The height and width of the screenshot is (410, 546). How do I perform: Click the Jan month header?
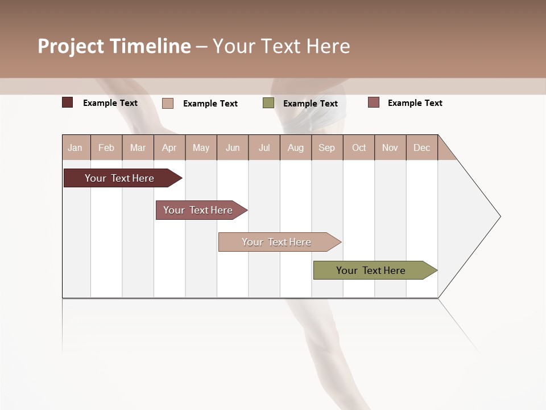[x=75, y=147]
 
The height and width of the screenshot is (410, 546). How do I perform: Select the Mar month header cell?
[x=138, y=147]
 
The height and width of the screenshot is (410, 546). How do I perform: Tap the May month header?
[x=201, y=147]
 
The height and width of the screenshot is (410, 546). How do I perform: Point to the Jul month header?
[x=264, y=147]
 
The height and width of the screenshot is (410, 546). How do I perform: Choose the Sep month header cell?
[x=326, y=147]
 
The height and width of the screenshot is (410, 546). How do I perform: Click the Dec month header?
[x=421, y=147]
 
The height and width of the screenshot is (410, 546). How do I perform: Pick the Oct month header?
[x=359, y=147]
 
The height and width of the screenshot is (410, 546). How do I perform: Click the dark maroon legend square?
[x=68, y=102]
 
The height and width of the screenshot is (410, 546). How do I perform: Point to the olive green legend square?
[x=268, y=103]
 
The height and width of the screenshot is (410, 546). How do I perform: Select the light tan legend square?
[x=168, y=103]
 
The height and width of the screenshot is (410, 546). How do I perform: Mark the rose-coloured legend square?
[x=374, y=102]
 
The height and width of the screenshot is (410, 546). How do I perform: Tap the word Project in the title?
[x=71, y=46]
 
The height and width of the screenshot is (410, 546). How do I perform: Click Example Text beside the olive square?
[x=310, y=104]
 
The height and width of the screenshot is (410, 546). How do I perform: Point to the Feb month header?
[x=106, y=147]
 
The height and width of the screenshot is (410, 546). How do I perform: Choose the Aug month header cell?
[x=295, y=147]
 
